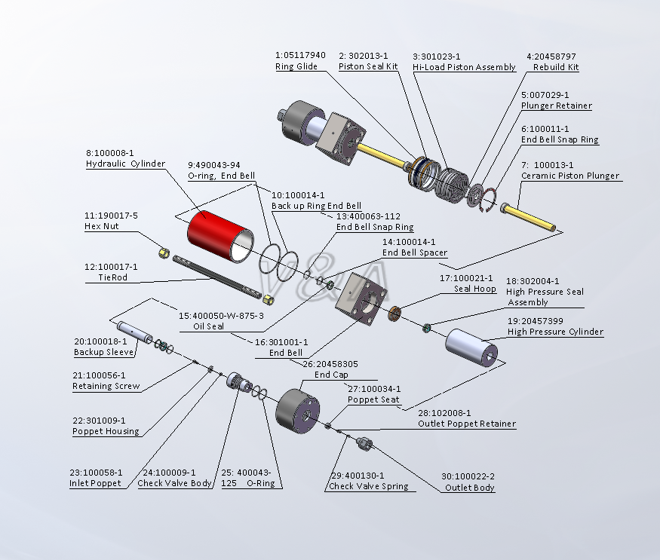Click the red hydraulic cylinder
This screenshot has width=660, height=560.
point(218,234)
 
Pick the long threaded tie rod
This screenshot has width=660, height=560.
point(219,278)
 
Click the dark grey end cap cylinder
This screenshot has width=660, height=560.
point(299,412)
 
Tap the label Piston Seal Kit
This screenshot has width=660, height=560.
point(368,66)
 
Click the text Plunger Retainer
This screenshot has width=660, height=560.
point(556,106)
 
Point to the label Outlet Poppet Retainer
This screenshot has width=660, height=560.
point(467,424)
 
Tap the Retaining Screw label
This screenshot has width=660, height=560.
point(106,386)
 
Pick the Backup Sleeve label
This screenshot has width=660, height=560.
point(104,352)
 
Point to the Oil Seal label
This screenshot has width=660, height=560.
point(207,326)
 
